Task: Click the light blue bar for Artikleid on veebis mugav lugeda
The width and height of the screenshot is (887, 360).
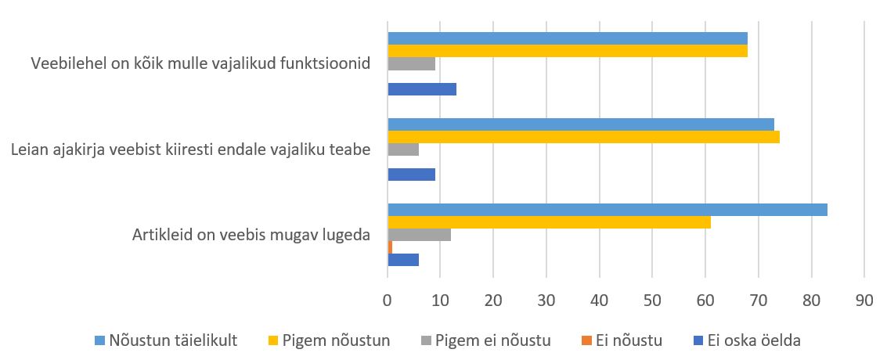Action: coord(607,210)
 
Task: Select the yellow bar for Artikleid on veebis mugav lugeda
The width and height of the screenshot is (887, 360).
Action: coord(549,222)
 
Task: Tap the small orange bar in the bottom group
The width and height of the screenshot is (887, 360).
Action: coord(390,247)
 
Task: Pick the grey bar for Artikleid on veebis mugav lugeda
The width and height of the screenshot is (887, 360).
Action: coord(419,235)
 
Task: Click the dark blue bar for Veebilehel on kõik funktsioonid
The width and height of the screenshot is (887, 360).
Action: coord(422,89)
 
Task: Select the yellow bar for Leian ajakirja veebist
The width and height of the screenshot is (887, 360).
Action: coord(583,137)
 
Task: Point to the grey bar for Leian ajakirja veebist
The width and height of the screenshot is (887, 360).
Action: coord(403,149)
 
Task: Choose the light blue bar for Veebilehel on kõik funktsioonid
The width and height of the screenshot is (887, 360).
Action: coord(568,38)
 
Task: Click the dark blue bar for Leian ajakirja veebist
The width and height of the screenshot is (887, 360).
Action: coord(411,175)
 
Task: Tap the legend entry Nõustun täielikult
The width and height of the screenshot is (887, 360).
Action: coord(173,340)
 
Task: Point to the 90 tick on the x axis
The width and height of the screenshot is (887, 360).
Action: coord(864,300)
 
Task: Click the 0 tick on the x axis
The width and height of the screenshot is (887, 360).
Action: coord(388,300)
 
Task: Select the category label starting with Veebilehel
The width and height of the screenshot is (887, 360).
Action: coord(200,63)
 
